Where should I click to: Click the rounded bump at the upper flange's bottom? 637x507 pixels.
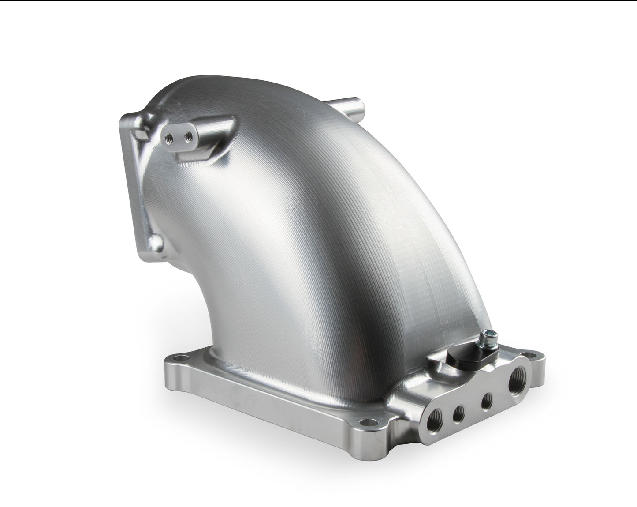[156, 241]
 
